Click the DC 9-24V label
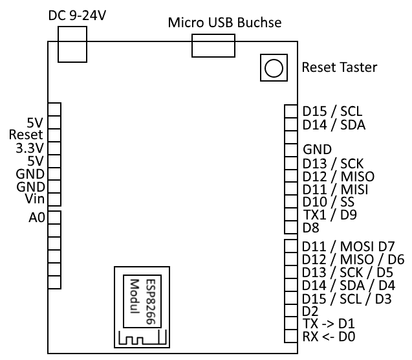(78, 14)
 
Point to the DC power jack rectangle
(71, 48)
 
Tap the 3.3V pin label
(28, 148)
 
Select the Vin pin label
(34, 198)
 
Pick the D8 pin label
(310, 228)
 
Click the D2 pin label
(310, 311)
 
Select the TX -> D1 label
(329, 324)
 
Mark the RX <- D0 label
(329, 337)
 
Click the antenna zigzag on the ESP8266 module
(142, 337)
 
